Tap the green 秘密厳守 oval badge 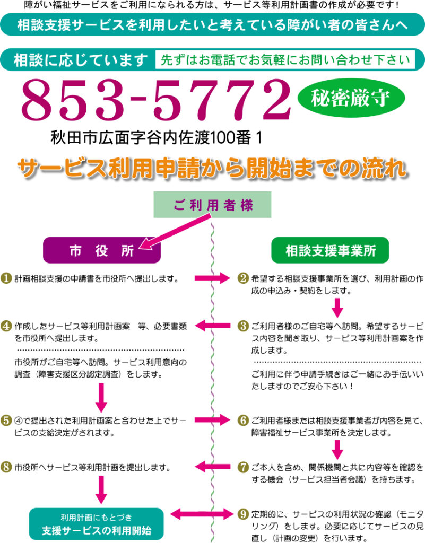tap(351, 98)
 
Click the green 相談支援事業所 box tap(330, 250)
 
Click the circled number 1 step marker tap(7, 278)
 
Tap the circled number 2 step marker tap(243, 278)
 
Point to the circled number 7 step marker tap(243, 467)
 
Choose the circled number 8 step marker tap(7, 467)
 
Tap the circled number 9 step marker tap(243, 513)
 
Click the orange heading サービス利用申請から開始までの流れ tap(212, 168)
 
